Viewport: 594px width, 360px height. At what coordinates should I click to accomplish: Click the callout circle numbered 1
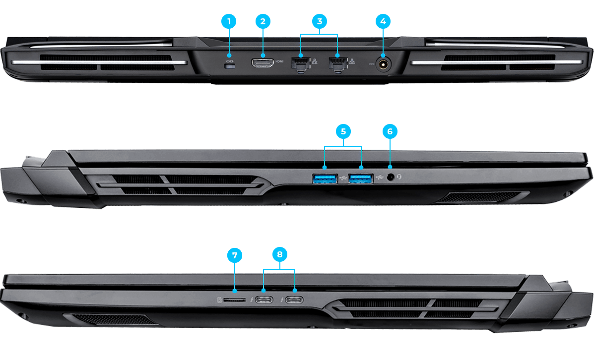[x=229, y=21]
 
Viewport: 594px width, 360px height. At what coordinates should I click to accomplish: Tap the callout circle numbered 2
[x=263, y=21]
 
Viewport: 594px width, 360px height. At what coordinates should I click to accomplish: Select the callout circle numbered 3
[x=320, y=21]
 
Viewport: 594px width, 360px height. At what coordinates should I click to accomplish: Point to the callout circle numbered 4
[x=382, y=21]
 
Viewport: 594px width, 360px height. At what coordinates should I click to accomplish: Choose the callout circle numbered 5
[x=343, y=131]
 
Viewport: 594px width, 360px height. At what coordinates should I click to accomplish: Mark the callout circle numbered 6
[x=390, y=131]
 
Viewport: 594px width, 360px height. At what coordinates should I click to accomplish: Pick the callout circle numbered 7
[x=234, y=255]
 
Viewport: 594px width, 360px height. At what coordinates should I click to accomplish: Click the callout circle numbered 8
[x=280, y=254]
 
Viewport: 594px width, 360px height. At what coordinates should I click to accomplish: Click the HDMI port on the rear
[x=263, y=63]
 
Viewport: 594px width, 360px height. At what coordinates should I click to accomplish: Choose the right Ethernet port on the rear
[x=337, y=64]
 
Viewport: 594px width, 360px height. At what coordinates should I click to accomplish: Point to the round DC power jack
[x=383, y=64]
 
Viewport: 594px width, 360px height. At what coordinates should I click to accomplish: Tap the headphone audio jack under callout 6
[x=390, y=177]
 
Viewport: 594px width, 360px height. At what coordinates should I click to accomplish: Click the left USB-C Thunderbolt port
[x=264, y=300]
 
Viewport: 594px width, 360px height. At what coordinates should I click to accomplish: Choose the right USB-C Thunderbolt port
[x=295, y=300]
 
